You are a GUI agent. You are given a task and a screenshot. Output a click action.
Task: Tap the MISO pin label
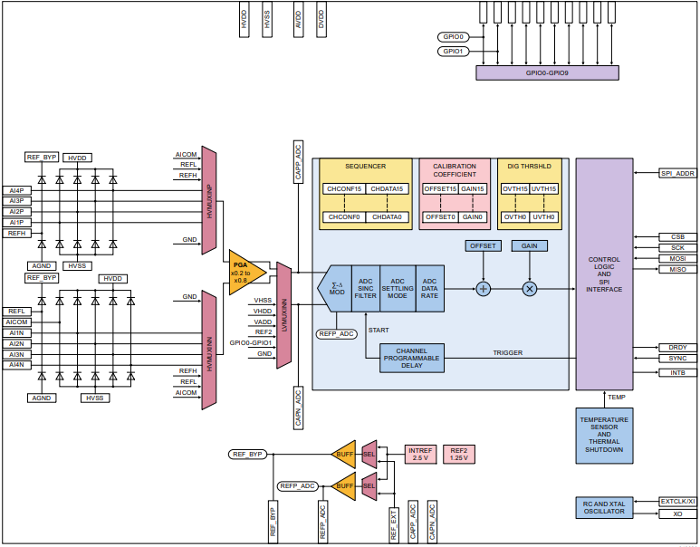point(677,270)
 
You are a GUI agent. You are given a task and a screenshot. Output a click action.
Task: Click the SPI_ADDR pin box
point(677,172)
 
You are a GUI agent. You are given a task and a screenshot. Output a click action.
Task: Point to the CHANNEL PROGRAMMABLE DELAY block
point(411,358)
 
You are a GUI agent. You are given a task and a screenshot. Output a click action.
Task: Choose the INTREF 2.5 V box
point(420,454)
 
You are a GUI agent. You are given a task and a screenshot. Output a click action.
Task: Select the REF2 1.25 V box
point(459,454)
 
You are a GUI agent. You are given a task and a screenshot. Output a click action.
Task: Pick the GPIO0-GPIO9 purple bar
point(547,72)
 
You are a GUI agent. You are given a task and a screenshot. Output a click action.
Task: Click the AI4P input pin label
point(17,190)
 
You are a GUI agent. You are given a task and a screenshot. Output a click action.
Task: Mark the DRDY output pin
point(677,348)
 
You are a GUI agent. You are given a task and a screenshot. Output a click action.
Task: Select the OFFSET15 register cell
point(439,188)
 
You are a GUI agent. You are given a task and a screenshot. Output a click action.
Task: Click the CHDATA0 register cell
point(386,217)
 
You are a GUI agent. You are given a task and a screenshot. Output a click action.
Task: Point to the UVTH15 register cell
point(543,188)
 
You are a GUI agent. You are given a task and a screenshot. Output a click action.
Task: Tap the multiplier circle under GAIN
point(530,288)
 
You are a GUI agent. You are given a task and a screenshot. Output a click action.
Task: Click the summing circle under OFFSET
point(483,288)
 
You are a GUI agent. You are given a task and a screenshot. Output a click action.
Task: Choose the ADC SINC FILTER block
point(365,288)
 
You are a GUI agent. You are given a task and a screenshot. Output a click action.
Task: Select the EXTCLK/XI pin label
point(677,501)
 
